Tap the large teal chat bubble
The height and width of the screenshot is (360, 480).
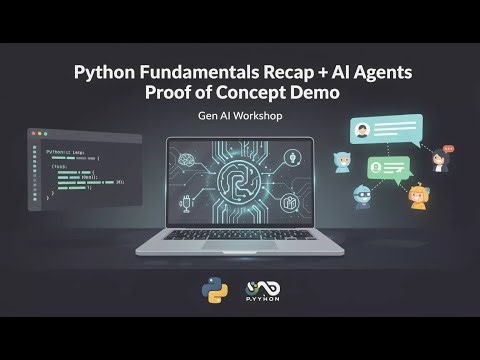tap(384, 132)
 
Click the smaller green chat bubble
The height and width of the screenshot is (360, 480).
tap(385, 168)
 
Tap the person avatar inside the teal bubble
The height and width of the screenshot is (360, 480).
tap(364, 131)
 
